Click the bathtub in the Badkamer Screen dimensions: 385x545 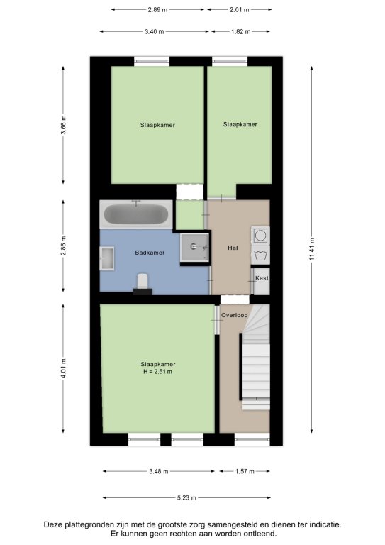pos(136,214)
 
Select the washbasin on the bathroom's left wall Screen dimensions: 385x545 pos(107,258)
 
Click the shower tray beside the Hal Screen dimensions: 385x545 pos(194,247)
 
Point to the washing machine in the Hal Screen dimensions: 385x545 pos(260,236)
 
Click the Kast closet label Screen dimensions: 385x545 pos(262,278)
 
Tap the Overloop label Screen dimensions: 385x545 pos(235,315)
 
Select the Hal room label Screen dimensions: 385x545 pos(233,248)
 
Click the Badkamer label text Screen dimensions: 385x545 pos(150,253)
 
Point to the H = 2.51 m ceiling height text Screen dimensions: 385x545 pos(158,372)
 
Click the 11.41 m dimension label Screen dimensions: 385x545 pos(312,249)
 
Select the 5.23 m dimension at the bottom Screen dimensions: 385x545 pos(186,497)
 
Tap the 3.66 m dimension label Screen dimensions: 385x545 pos(63,125)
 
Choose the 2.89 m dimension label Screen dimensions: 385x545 pos(157,10)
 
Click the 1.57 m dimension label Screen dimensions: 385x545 pos(245,471)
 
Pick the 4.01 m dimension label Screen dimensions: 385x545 pos(63,368)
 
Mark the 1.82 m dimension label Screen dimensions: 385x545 pos(241,32)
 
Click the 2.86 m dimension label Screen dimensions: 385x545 pos(63,246)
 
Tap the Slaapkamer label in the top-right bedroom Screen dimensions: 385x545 pos(240,124)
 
